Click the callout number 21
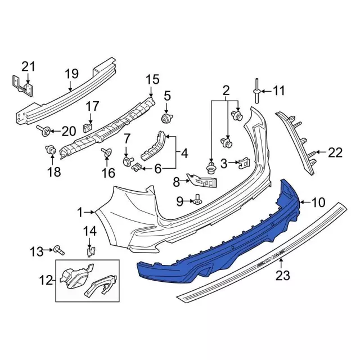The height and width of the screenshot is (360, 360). click(28, 67)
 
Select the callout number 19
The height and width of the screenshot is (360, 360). click(71, 74)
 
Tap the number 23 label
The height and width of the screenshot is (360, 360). click(282, 275)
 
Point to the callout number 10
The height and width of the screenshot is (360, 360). click(318, 202)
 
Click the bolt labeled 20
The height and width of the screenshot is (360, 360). click(44, 130)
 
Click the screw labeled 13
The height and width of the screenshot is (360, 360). click(59, 250)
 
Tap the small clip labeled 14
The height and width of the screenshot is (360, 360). click(91, 252)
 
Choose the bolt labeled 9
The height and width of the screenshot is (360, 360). click(197, 200)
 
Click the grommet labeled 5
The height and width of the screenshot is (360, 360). click(167, 119)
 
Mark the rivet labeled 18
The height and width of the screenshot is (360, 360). click(51, 150)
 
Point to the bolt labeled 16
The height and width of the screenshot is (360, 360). click(106, 152)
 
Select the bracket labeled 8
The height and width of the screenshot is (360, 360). click(201, 181)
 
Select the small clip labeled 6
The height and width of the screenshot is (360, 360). click(136, 168)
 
